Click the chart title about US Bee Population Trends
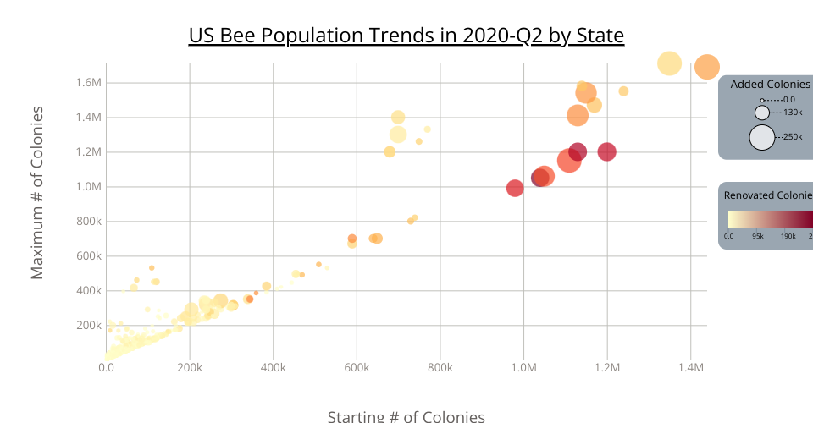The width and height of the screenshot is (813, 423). pos(406,36)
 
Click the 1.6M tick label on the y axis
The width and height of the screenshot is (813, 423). pos(89,83)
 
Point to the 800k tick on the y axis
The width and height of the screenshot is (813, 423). pos(89,222)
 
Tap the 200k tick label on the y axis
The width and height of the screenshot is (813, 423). pos(89,326)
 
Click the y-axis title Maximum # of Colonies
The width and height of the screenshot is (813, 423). pos(37,194)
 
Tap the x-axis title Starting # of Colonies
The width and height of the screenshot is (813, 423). pos(406,416)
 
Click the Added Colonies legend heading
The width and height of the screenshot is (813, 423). pos(770,85)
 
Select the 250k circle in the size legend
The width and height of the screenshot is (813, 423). pos(762,136)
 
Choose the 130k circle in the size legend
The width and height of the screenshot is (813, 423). pos(762,113)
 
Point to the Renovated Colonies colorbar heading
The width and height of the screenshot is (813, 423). pos(767,195)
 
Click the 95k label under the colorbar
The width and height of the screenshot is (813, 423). pos(759,236)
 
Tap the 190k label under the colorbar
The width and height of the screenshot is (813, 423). pos(788,236)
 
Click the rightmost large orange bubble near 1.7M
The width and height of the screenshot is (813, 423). pos(707,67)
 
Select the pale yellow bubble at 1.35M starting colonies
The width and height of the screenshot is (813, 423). pos(670,63)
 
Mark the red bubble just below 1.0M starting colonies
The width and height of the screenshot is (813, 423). pos(515,188)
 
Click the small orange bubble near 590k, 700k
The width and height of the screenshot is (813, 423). pos(352,239)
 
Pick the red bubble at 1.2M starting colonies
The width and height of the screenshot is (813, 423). pos(606,152)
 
